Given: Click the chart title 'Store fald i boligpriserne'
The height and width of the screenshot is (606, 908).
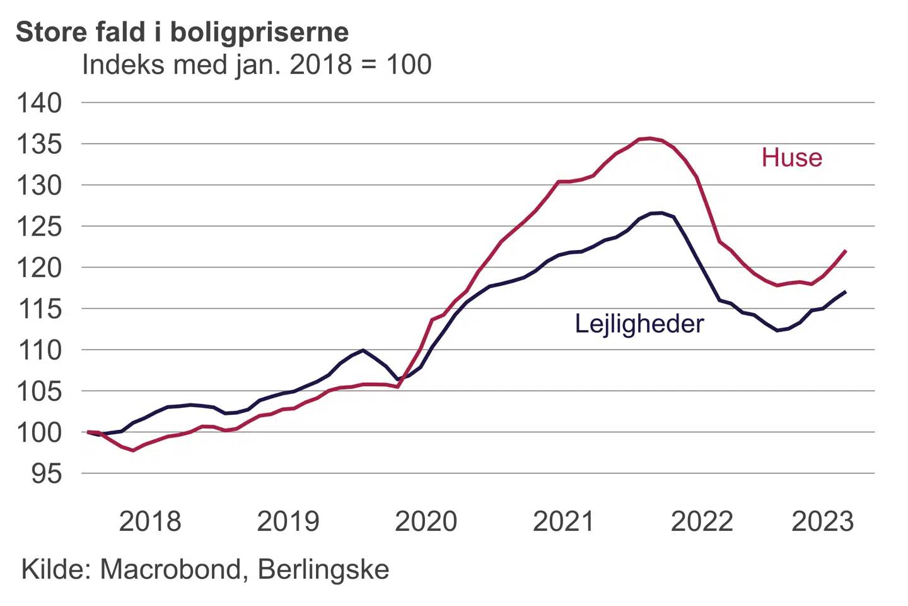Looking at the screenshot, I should click(182, 32).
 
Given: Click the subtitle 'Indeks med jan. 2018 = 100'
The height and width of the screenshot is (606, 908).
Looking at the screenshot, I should click(257, 64).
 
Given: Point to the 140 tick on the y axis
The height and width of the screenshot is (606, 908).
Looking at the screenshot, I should click(40, 103).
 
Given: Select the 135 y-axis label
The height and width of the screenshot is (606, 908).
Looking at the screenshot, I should click(40, 144).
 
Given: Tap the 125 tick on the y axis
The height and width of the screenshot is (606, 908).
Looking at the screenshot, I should click(40, 227).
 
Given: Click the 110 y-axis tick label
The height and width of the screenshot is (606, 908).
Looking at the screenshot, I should click(40, 350).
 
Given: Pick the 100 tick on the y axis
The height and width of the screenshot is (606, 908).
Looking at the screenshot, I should click(40, 432).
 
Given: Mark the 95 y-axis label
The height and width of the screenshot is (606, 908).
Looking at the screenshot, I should click(47, 473).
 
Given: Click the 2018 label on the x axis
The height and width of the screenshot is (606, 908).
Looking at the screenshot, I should click(150, 521).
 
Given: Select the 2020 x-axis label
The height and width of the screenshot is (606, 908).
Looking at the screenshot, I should click(426, 521).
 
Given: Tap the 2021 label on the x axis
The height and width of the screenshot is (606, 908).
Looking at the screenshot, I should click(564, 521).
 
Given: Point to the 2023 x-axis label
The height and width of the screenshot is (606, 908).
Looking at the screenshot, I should click(822, 521).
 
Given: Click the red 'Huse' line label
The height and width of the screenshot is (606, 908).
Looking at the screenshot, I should click(791, 158).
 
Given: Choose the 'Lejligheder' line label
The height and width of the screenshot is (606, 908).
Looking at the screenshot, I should click(639, 324).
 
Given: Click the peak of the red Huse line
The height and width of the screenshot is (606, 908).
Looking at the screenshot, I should click(650, 138).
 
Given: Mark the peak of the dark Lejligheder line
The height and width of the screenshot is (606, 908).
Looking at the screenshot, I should click(661, 213).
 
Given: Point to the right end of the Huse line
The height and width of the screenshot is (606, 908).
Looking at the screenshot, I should click(846, 251).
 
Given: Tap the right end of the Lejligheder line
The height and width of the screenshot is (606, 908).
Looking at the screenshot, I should click(846, 292).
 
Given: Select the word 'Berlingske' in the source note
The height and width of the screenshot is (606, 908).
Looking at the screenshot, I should click(323, 569).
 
